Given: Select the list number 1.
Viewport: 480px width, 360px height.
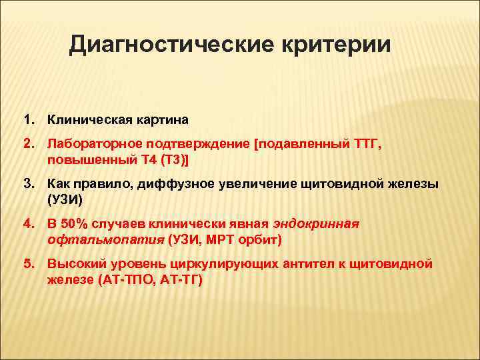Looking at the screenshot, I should click(28, 120).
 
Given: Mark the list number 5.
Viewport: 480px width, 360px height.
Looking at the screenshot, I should click(28, 265).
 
